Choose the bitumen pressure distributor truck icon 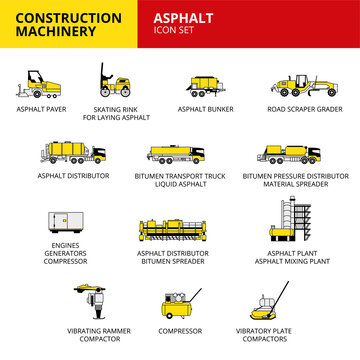click(287, 153)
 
